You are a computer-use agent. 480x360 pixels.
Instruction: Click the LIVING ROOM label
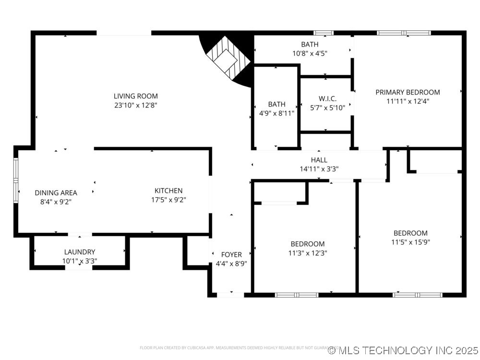(x=135, y=96)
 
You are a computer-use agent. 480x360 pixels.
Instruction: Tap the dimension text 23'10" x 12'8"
(x=135, y=105)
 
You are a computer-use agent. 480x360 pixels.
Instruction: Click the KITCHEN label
(x=168, y=191)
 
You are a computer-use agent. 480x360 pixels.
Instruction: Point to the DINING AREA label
(x=56, y=193)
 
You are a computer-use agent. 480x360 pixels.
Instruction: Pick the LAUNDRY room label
(x=80, y=252)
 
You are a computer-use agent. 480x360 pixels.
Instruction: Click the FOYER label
(x=231, y=254)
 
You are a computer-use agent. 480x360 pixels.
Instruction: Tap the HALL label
(x=319, y=160)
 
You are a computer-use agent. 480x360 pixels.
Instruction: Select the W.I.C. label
(x=327, y=98)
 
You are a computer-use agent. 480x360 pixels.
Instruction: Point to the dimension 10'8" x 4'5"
(x=310, y=53)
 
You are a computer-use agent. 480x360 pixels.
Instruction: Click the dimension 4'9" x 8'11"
(x=276, y=113)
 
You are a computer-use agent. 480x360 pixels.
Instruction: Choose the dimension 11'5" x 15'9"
(x=410, y=242)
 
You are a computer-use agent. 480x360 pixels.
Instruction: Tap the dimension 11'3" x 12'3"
(x=307, y=252)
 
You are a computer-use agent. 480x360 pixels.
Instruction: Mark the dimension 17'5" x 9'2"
(x=168, y=199)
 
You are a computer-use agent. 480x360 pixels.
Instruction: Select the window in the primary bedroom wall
(x=404, y=33)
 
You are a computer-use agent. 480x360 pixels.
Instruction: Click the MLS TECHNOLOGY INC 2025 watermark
(x=403, y=350)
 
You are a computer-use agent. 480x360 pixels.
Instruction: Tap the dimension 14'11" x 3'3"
(x=319, y=169)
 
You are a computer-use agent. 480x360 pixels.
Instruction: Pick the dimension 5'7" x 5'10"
(x=327, y=108)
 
